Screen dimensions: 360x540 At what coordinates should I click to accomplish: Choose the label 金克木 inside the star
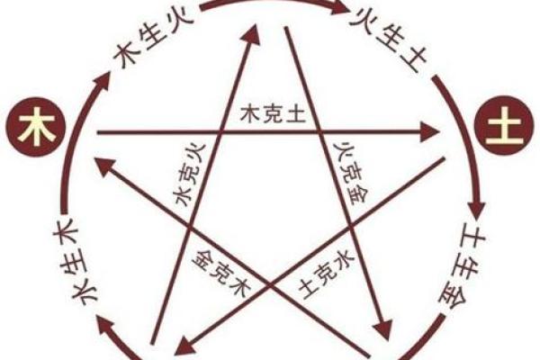coord(215,266)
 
